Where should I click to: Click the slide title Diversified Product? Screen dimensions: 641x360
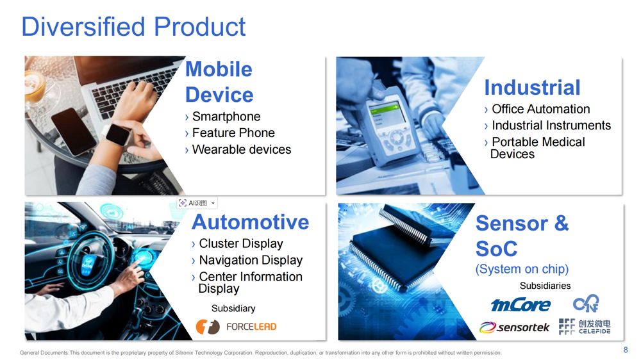tap(133, 27)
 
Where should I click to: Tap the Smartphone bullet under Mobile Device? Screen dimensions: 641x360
tap(226, 117)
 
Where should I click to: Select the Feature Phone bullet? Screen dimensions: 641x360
tap(233, 133)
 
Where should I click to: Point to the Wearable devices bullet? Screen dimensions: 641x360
tap(242, 149)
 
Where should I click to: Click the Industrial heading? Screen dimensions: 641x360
tap(532, 88)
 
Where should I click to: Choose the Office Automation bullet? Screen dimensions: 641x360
tap(541, 109)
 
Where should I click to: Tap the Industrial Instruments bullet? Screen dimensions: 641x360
tap(551, 126)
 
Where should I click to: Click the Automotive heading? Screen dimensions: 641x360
tap(250, 222)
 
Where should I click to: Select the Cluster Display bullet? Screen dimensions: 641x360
tap(241, 243)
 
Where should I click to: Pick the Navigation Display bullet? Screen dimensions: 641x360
tap(251, 260)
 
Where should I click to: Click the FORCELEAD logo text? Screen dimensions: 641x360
tap(251, 327)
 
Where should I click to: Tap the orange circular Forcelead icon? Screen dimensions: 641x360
tap(208, 327)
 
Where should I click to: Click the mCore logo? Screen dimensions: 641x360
tap(520, 305)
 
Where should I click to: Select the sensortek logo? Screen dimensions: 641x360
tap(514, 327)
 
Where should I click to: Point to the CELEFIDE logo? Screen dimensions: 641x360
tap(585, 327)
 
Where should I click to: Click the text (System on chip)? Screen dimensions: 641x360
tap(522, 269)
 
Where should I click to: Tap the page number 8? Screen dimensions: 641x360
tap(626, 350)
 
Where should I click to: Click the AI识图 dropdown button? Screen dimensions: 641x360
tap(197, 203)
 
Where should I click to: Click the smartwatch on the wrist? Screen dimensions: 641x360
tap(118, 135)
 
